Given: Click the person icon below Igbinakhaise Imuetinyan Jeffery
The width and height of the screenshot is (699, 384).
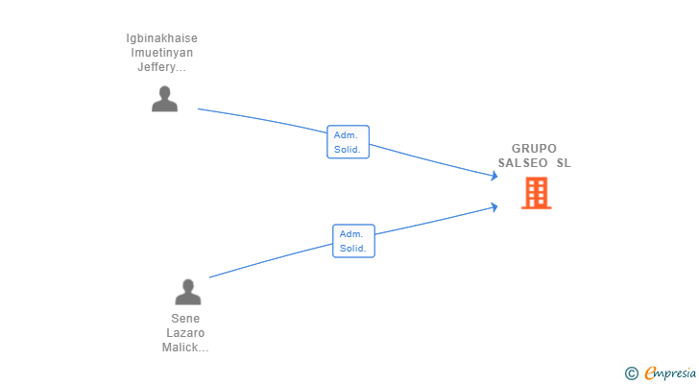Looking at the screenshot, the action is (164, 99).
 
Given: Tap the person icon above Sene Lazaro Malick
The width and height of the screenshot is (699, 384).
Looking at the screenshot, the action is (188, 292).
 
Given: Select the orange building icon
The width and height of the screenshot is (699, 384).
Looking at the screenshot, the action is (537, 193).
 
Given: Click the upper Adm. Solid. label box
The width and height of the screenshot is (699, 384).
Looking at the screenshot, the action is (349, 142).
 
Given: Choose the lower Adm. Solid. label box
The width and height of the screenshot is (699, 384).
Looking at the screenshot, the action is (354, 241).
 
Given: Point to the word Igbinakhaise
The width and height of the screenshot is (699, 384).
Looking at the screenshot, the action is (162, 38).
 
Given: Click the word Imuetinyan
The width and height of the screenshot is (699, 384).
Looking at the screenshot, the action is (162, 53).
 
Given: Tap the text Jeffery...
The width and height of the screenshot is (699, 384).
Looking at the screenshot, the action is (157, 67).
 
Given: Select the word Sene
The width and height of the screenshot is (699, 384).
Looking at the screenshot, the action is (185, 319).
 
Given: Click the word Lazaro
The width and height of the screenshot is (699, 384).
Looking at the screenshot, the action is (185, 333).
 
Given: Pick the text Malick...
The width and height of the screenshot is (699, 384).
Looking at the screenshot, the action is (181, 348).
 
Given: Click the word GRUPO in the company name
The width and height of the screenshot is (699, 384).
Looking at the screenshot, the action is (534, 149).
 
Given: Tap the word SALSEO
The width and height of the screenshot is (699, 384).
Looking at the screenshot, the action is (523, 163).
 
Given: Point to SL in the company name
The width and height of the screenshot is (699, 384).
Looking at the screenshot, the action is (564, 163).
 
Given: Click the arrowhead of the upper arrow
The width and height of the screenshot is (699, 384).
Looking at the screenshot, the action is (494, 176).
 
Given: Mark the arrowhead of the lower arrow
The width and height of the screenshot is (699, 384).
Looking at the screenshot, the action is (494, 207).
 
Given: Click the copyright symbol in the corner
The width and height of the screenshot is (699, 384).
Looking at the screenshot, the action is (632, 373).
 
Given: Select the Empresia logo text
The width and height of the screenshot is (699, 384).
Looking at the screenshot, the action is (670, 373).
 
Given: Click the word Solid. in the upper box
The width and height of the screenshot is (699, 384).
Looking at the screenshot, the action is (348, 149).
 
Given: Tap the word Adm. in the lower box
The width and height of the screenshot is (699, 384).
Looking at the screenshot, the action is (351, 234).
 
